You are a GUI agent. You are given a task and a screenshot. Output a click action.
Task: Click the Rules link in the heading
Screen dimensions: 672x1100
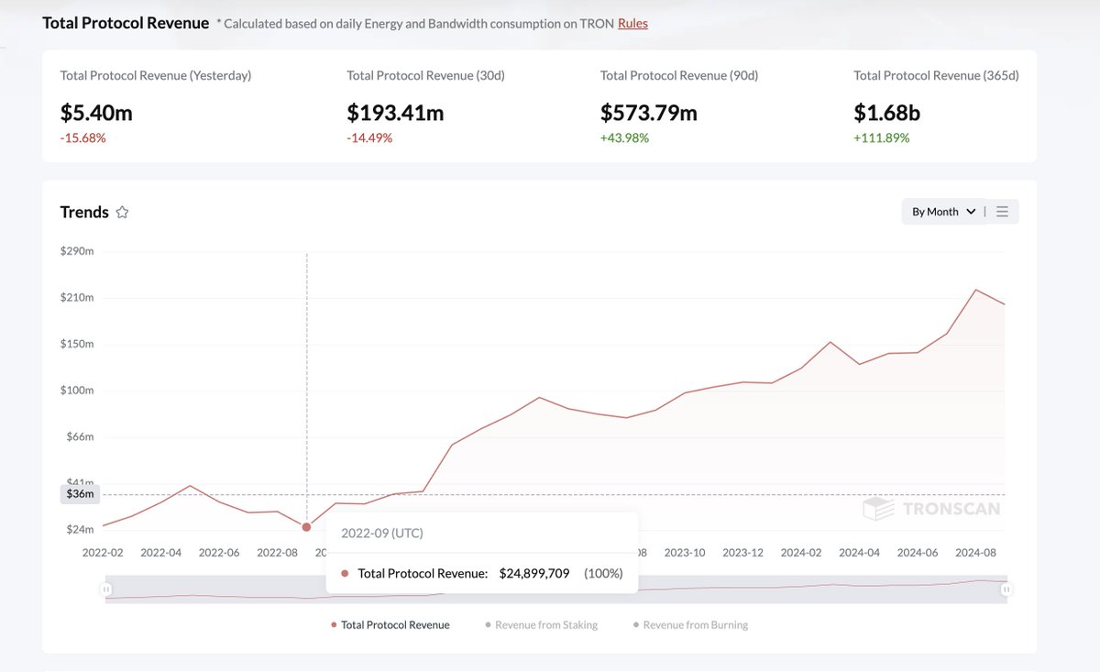[632, 24]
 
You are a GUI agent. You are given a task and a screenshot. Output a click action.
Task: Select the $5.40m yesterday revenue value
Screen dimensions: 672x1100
[96, 113]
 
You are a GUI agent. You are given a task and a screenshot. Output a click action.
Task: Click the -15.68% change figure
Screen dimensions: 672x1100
[83, 138]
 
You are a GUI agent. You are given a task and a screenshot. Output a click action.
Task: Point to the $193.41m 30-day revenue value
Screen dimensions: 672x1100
[395, 113]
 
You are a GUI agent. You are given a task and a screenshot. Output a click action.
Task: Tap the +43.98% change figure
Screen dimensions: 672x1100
[624, 138]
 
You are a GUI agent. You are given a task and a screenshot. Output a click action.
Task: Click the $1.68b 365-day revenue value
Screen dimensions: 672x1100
[886, 113]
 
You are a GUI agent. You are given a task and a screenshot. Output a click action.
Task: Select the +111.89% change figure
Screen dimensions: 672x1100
[882, 138]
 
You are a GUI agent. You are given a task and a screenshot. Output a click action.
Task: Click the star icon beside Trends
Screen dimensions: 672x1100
[122, 213]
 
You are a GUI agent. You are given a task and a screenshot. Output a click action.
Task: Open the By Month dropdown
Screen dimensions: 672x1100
[942, 212]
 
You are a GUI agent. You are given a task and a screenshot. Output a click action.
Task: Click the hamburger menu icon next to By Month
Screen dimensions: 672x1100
[1002, 212]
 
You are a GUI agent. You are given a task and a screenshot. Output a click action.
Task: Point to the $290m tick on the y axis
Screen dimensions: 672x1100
[77, 251]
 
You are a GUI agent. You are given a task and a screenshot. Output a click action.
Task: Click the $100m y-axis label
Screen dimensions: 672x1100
[77, 391]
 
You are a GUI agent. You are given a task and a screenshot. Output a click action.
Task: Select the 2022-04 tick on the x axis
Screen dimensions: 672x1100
[161, 553]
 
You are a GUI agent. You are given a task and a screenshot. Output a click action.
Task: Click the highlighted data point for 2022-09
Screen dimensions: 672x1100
[306, 527]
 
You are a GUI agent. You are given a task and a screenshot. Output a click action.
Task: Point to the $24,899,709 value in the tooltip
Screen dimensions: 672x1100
[534, 574]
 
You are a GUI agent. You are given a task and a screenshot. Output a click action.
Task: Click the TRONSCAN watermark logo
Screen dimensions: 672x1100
[931, 509]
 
